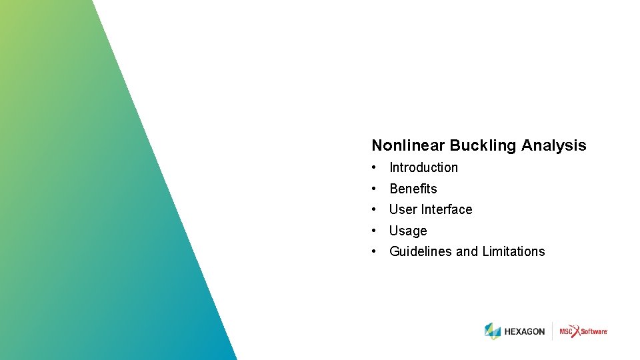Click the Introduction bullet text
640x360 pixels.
(x=423, y=167)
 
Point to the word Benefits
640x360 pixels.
(x=413, y=189)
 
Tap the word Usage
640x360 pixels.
(x=408, y=231)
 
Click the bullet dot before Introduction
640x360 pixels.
(x=376, y=167)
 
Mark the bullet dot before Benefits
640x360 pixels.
(x=376, y=189)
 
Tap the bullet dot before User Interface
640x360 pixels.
(x=376, y=209)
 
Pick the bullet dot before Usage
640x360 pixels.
(x=376, y=231)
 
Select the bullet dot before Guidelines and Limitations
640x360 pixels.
(x=376, y=251)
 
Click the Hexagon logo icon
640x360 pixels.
(x=493, y=331)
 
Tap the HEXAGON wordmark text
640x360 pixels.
(x=525, y=331)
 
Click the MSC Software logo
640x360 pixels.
(x=583, y=331)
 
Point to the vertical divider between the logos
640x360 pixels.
(x=552, y=331)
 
